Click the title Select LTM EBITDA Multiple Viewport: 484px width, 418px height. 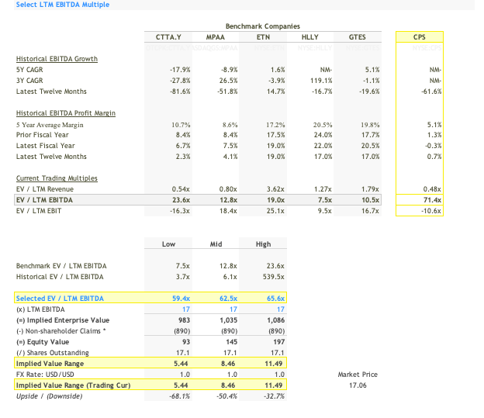63,5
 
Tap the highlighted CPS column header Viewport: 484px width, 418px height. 419,37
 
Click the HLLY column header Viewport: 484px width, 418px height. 309,37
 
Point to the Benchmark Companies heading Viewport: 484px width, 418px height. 262,26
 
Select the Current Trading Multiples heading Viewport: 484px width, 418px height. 56,178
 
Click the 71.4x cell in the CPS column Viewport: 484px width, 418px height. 430,200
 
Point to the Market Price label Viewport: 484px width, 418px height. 358,375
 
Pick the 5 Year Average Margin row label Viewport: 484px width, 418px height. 50,124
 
